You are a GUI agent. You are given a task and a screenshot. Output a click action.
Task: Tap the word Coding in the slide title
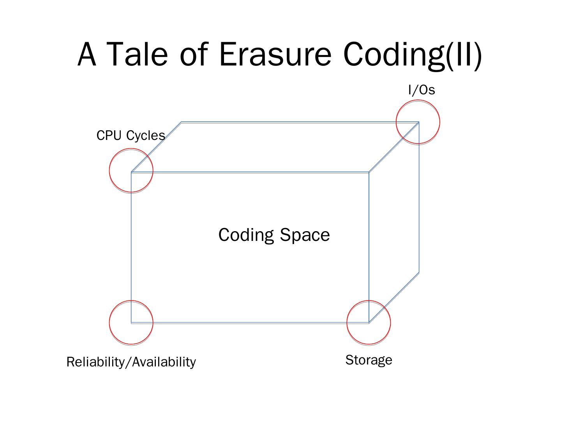pyautogui.click(x=393, y=55)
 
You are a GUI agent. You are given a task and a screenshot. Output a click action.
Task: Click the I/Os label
pyautogui.click(x=422, y=90)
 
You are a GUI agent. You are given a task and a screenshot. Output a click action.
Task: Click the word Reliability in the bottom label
pyautogui.click(x=95, y=362)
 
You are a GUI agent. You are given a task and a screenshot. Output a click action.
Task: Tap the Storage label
pyautogui.click(x=369, y=360)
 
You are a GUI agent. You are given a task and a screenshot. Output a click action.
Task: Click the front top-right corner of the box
pyautogui.click(x=369, y=172)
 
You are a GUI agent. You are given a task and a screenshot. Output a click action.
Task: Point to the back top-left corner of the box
pyautogui.click(x=182, y=122)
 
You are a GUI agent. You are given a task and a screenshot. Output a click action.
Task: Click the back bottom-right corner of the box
pyautogui.click(x=419, y=272)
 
